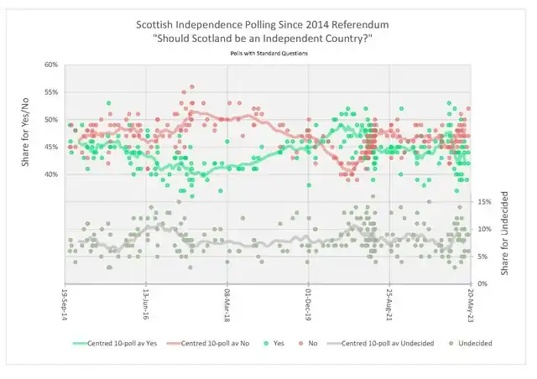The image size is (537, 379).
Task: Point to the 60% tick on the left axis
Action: [x=50, y=65]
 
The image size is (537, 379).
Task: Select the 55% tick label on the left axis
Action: [x=50, y=92]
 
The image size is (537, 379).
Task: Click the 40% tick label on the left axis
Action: [x=50, y=174]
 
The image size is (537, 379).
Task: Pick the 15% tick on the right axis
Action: [x=483, y=202]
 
